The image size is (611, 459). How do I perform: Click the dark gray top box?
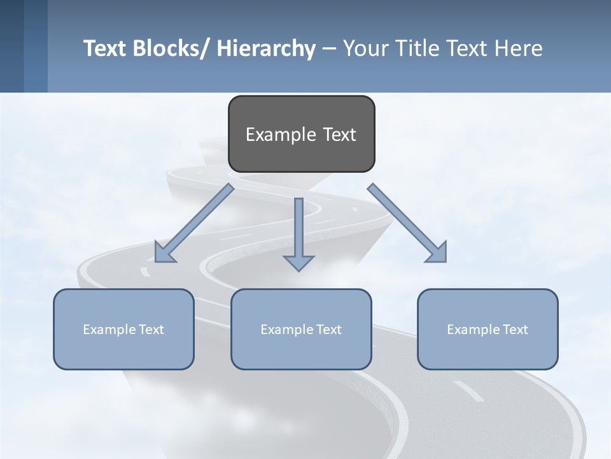(x=301, y=134)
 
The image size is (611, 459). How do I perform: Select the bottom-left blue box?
(x=123, y=329)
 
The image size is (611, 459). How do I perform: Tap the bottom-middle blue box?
(x=301, y=329)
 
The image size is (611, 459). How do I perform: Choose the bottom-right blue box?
(x=488, y=329)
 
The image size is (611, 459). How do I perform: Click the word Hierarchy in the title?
(x=266, y=48)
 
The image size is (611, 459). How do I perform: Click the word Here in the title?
(x=519, y=48)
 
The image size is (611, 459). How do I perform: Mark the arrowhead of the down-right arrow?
(x=438, y=253)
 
